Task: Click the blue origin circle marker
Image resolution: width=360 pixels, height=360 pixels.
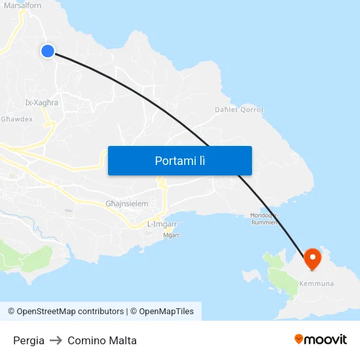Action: coord(48,50)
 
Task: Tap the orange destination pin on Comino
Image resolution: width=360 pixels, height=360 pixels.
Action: coord(312,259)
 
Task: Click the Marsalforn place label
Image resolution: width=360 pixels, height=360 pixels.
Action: coord(22,6)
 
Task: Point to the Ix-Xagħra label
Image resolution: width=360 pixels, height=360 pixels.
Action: coord(41,103)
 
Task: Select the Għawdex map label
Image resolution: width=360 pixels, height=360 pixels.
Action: coord(16,119)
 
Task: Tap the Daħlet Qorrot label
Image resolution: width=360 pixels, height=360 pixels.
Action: coord(239,110)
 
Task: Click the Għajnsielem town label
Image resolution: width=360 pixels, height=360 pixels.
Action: coord(127,204)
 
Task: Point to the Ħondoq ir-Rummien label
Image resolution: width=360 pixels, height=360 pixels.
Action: coord(265,218)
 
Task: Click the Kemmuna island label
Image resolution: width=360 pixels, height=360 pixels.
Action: coord(316,283)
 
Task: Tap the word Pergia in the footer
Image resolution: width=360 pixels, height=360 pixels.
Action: coord(29,340)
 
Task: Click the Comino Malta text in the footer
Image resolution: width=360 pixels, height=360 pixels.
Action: coord(102,340)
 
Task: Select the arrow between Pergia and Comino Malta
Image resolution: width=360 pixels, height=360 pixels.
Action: coord(56,340)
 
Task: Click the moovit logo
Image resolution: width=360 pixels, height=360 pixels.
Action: coord(321,339)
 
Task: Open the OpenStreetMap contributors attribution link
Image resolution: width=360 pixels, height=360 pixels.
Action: coord(65,312)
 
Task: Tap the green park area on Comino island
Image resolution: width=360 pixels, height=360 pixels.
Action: coord(281,278)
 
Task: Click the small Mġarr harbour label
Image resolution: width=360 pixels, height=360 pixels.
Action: coord(171,235)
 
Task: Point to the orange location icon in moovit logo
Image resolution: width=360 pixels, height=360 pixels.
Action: coord(299,339)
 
